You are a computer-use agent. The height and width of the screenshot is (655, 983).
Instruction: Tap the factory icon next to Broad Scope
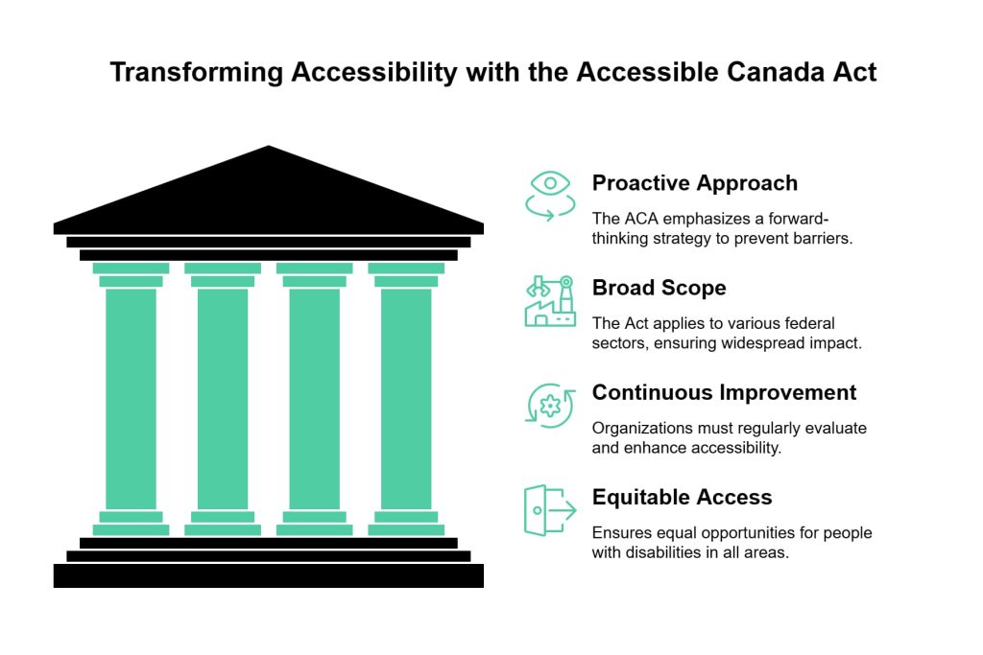(x=550, y=301)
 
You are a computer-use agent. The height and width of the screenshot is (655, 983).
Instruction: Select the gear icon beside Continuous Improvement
(x=550, y=405)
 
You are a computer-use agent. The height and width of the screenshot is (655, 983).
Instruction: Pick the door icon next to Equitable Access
(x=549, y=509)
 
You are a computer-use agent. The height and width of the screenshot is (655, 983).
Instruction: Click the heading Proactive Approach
(x=694, y=182)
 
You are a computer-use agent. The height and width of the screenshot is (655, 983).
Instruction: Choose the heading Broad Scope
(x=659, y=288)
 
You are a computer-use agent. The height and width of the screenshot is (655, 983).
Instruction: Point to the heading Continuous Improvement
(x=724, y=392)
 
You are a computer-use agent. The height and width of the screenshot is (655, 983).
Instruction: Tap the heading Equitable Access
(x=682, y=497)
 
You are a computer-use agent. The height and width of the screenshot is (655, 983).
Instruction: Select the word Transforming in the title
(x=197, y=73)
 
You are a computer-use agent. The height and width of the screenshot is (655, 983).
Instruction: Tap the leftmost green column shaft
(x=131, y=398)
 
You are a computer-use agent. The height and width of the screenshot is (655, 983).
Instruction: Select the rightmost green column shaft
(x=406, y=398)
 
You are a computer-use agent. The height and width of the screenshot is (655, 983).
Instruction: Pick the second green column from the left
(x=223, y=398)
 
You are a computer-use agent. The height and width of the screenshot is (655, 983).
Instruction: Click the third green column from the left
(x=314, y=398)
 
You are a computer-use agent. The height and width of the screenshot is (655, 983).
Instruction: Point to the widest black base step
(x=269, y=575)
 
